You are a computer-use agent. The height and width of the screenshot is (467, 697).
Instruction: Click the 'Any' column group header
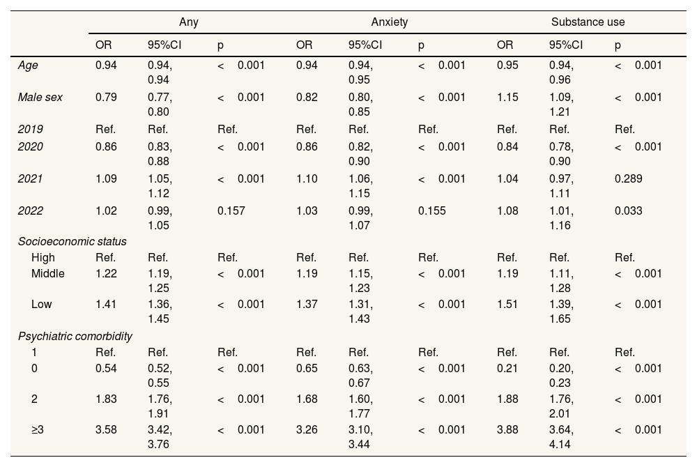point(188,22)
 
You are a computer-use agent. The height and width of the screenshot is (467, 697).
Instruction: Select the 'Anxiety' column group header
point(389,22)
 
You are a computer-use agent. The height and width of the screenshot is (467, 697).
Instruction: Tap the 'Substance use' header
point(588,22)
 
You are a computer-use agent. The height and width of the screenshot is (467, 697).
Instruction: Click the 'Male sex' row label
point(40,97)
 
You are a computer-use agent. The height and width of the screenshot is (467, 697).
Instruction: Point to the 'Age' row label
point(28,66)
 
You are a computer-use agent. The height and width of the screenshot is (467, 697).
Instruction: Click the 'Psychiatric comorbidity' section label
point(75,337)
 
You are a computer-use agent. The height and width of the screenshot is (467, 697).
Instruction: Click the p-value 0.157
point(231,210)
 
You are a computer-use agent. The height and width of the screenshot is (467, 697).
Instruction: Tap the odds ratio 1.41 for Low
point(107,304)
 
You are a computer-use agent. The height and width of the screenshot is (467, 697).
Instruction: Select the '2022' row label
point(30,210)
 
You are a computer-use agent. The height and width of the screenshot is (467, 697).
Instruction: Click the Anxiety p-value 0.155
point(431,210)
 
